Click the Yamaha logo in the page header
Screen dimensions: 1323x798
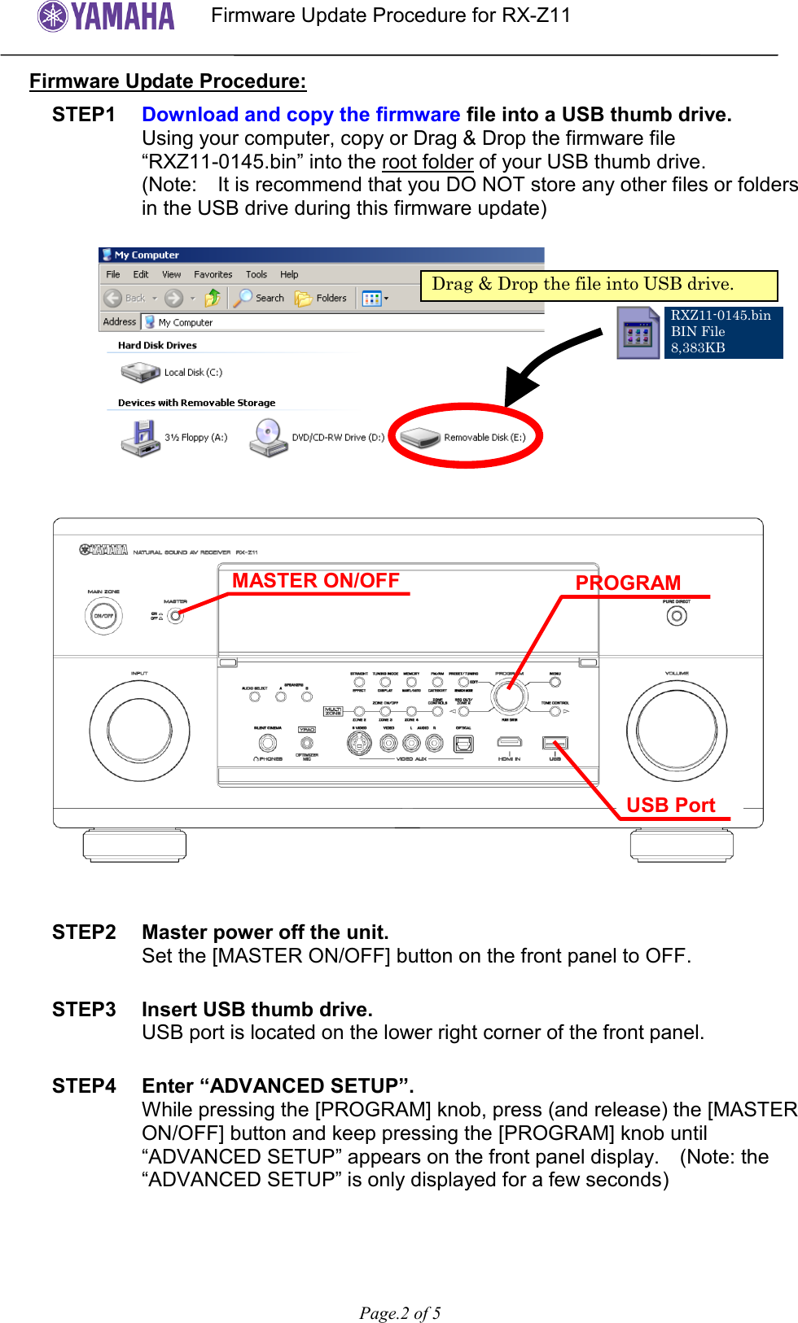click(x=106, y=15)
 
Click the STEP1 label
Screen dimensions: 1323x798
click(x=84, y=115)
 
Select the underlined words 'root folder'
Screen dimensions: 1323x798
click(x=427, y=162)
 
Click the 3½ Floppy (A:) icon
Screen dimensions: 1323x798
click(x=141, y=437)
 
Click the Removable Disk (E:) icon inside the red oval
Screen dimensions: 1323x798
click(x=420, y=438)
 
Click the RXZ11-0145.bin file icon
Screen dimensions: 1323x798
click(x=638, y=333)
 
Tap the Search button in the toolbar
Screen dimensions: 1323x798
click(x=259, y=299)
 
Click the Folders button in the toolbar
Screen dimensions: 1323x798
click(x=322, y=299)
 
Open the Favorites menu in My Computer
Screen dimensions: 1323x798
click(x=213, y=275)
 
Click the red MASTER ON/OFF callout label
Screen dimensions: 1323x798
click(x=316, y=581)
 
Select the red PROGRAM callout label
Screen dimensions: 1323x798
click(x=628, y=583)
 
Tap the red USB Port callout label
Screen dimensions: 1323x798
click(x=670, y=806)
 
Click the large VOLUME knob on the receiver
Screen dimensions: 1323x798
click(x=676, y=729)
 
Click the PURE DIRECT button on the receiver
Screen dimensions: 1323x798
click(x=677, y=616)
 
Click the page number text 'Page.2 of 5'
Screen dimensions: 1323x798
click(x=400, y=1313)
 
